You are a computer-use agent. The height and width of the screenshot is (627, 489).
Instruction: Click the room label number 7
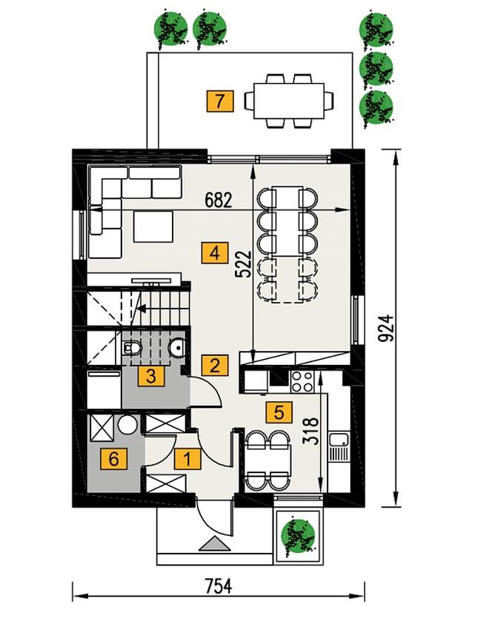coord(219,101)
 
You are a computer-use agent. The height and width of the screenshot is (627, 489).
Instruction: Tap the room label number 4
coord(215,252)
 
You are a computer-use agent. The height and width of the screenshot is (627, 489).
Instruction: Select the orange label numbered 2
coord(215,365)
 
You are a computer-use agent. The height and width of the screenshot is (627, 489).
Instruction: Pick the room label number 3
coord(150,376)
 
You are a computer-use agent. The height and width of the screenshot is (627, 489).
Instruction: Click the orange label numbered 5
coord(279,412)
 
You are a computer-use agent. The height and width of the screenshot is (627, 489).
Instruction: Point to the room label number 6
coord(113,458)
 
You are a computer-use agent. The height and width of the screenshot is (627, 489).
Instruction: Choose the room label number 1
coord(187,458)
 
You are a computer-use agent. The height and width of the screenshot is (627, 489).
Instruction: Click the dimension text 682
coord(219,201)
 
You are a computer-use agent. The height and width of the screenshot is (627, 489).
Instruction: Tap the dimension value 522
coord(243,264)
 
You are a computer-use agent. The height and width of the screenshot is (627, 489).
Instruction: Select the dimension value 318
coord(311,431)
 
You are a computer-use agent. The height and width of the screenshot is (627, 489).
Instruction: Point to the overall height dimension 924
coord(386,329)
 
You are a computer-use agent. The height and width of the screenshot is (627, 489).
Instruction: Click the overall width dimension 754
coord(219,586)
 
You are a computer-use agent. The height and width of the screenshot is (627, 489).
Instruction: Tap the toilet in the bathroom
coord(131,348)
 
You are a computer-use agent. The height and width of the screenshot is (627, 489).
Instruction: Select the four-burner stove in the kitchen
coord(302,381)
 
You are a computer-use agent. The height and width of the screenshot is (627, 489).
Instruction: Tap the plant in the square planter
coord(298,536)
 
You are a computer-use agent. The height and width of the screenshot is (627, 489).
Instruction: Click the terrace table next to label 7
coord(289,101)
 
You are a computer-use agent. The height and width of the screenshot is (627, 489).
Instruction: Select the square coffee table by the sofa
coord(153,227)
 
